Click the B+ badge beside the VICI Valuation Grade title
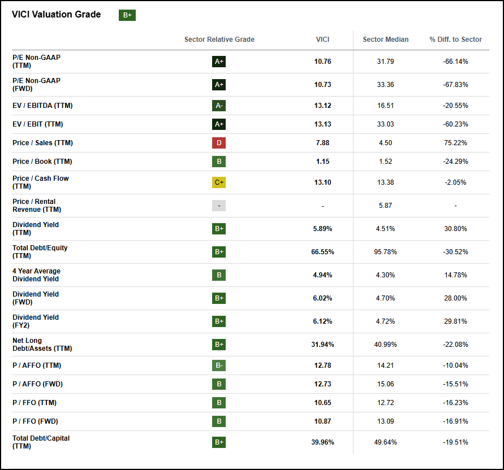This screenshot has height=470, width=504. coord(127,15)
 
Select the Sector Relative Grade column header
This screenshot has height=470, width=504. coord(219,40)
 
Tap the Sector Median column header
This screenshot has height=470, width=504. coord(385,40)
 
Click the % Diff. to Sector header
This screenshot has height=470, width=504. coord(455,40)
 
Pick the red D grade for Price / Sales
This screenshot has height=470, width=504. coord(219,143)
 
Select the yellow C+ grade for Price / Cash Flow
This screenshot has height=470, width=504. coord(219,182)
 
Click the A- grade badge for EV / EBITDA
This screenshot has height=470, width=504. coord(219,106)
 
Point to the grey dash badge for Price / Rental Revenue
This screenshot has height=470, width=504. coord(219,206)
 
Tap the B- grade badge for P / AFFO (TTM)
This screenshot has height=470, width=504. coord(219,365)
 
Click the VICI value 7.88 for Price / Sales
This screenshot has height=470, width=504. coord(322,143)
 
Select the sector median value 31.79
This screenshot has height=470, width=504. coord(385,62)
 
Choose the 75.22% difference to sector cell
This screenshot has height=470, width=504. coord(455,143)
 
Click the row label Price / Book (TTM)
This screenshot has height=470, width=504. coord(42,162)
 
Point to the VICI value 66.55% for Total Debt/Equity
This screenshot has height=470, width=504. coord(322,252)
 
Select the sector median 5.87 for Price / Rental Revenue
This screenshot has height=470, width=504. coord(385,206)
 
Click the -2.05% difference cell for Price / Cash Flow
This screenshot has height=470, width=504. coord(455,182)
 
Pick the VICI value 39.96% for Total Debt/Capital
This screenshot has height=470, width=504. coord(322,442)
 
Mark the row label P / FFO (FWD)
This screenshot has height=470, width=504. coord(35,421)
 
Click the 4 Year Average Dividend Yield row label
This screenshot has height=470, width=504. coord(36,275)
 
